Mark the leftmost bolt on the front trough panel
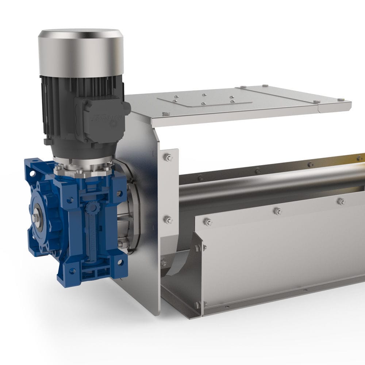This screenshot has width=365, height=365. (208, 222)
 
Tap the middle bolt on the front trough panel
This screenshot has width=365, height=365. (277, 211)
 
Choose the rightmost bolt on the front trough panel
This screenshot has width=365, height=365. (341, 201)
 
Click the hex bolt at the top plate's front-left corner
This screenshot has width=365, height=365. (165, 114)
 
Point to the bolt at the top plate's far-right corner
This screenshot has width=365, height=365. (341, 99)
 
